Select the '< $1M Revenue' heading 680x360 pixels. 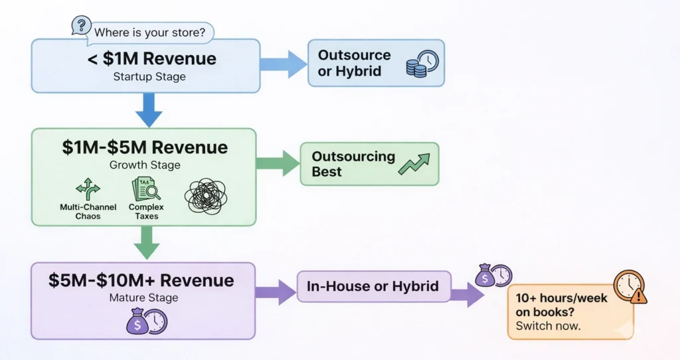click(152, 58)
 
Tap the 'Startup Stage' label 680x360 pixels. click(150, 76)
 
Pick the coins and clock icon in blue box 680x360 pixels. click(422, 64)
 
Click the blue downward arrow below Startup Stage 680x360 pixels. click(149, 110)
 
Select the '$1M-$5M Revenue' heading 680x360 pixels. click(145, 147)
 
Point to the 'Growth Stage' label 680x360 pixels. click(145, 164)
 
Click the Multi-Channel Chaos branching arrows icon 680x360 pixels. click(88, 190)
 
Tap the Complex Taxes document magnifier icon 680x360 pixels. click(145, 189)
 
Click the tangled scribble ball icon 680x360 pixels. click(206, 197)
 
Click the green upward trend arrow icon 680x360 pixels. click(414, 164)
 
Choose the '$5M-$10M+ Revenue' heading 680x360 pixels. click(141, 280)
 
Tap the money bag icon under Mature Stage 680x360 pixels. click(146, 321)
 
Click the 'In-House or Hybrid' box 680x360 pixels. click(373, 287)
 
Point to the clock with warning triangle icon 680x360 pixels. click(630, 287)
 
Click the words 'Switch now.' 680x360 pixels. click(543, 327)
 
